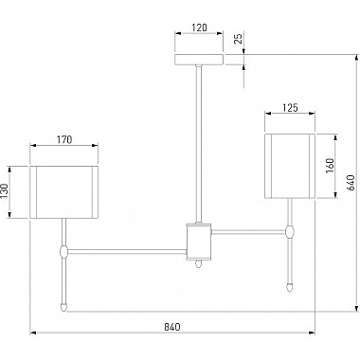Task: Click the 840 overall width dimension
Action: coord(172,327)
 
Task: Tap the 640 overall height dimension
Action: coord(351,183)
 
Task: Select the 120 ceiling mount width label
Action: coord(199,27)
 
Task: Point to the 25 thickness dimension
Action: coord(240,38)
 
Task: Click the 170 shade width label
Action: coord(64,139)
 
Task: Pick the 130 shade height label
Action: coord(5,191)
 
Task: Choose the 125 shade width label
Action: coord(290,108)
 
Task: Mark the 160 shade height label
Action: coord(329,166)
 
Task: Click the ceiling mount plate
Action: coord(199,60)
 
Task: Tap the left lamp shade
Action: coord(64,192)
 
